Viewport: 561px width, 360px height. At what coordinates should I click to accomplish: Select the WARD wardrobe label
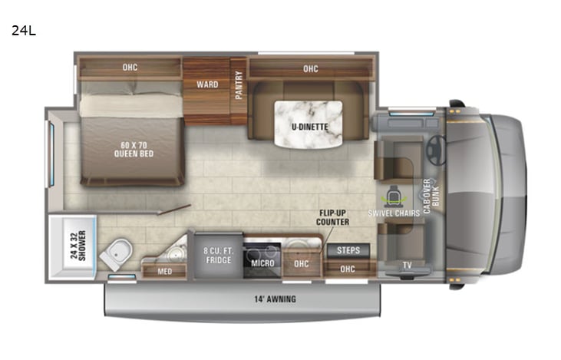click(x=206, y=84)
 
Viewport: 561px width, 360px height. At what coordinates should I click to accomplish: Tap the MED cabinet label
click(x=164, y=271)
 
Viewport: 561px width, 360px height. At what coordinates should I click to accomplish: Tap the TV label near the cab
click(x=406, y=266)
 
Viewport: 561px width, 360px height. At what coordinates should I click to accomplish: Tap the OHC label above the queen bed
click(x=129, y=68)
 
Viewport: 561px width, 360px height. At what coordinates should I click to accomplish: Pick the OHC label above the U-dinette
click(x=310, y=69)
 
